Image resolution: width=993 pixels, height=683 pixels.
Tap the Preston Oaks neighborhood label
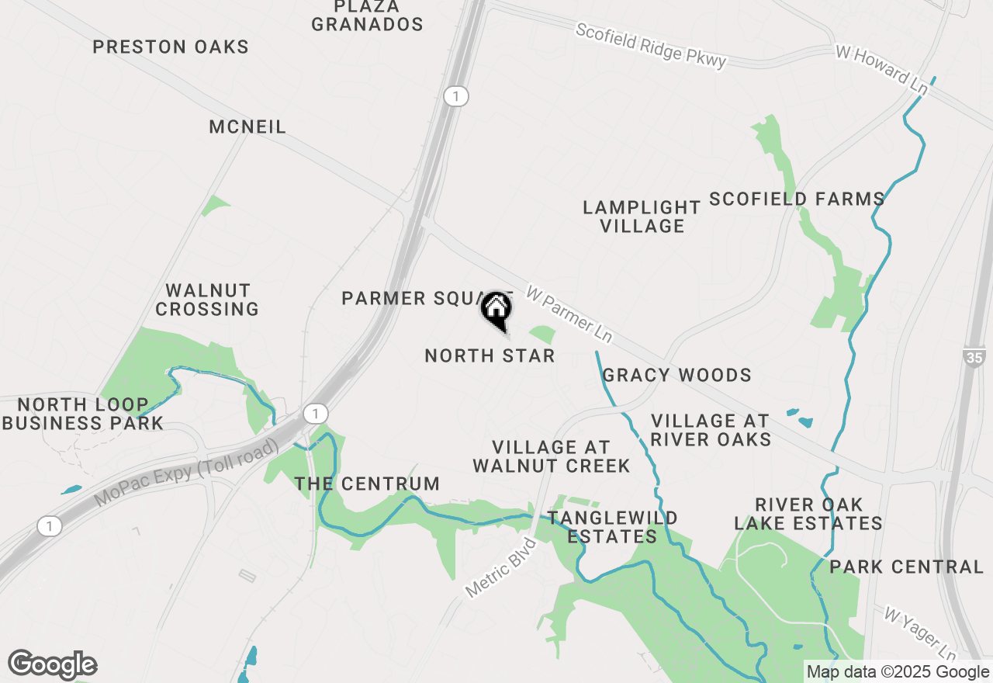point(171,47)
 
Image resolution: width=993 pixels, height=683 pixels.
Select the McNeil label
point(247,127)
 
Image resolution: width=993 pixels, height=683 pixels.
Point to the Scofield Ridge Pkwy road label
point(651,45)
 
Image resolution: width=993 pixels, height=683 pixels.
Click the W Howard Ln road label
point(881,70)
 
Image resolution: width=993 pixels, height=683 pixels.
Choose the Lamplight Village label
point(642,217)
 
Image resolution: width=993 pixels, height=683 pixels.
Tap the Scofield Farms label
point(797,199)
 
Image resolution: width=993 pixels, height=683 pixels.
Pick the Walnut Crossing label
point(207,300)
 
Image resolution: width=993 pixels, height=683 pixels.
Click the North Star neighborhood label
point(490,355)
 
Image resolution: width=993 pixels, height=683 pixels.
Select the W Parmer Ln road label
point(569,314)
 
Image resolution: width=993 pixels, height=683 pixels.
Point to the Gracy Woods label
point(677,376)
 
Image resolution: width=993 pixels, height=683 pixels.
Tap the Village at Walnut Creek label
point(552,456)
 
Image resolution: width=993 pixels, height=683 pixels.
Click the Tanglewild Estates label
point(613,527)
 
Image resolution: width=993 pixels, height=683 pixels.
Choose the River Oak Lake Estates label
point(808,514)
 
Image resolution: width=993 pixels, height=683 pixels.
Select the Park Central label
point(907,567)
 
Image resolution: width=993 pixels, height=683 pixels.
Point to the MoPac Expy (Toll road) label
point(187,473)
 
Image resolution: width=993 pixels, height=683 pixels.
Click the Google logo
point(53,664)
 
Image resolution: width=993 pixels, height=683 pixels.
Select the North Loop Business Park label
point(83,414)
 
